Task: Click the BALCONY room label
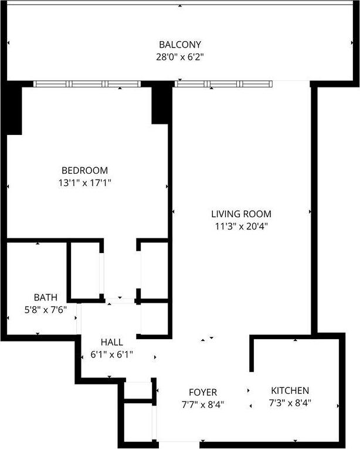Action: tap(180, 45)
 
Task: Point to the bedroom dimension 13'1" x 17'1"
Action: tap(89, 183)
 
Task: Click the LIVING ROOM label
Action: tap(241, 214)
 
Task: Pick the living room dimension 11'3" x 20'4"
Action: tap(241, 225)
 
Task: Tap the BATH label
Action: tap(45, 297)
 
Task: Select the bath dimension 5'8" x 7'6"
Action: tap(45, 309)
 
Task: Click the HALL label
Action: tap(111, 342)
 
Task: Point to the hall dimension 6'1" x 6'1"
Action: tap(111, 354)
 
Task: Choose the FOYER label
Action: tap(203, 392)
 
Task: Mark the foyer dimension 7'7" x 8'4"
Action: tap(203, 404)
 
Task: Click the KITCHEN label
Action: tap(290, 390)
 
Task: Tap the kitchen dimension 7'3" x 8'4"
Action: tap(290, 403)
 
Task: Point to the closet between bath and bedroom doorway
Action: tap(85, 270)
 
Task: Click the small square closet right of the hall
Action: tap(154, 320)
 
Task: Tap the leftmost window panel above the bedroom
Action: tap(52, 84)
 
